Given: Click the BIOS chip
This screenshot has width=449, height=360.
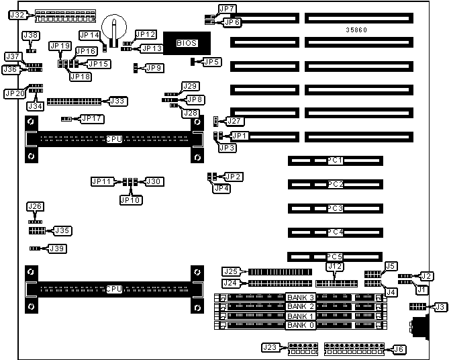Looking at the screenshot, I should pos(186,43).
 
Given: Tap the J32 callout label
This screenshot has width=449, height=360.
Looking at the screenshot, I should pos(18,15).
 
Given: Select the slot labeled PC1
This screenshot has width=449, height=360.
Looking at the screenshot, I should pos(335,161).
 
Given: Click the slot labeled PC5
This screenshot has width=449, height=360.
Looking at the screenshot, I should pos(335,257).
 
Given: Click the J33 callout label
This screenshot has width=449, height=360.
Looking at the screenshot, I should pos(117,101).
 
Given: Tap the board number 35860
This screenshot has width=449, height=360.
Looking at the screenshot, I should pos(356,30).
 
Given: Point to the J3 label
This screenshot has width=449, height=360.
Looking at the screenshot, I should pos(440,307).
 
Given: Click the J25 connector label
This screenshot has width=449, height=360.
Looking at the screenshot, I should pos(231,271).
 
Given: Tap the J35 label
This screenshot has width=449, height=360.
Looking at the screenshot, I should pos(62,230).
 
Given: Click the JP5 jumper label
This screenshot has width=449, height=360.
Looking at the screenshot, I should pos(212,62).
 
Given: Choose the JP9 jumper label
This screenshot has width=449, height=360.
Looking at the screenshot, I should pos(154,68).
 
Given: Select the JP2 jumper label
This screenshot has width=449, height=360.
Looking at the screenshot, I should pos(234,177).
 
